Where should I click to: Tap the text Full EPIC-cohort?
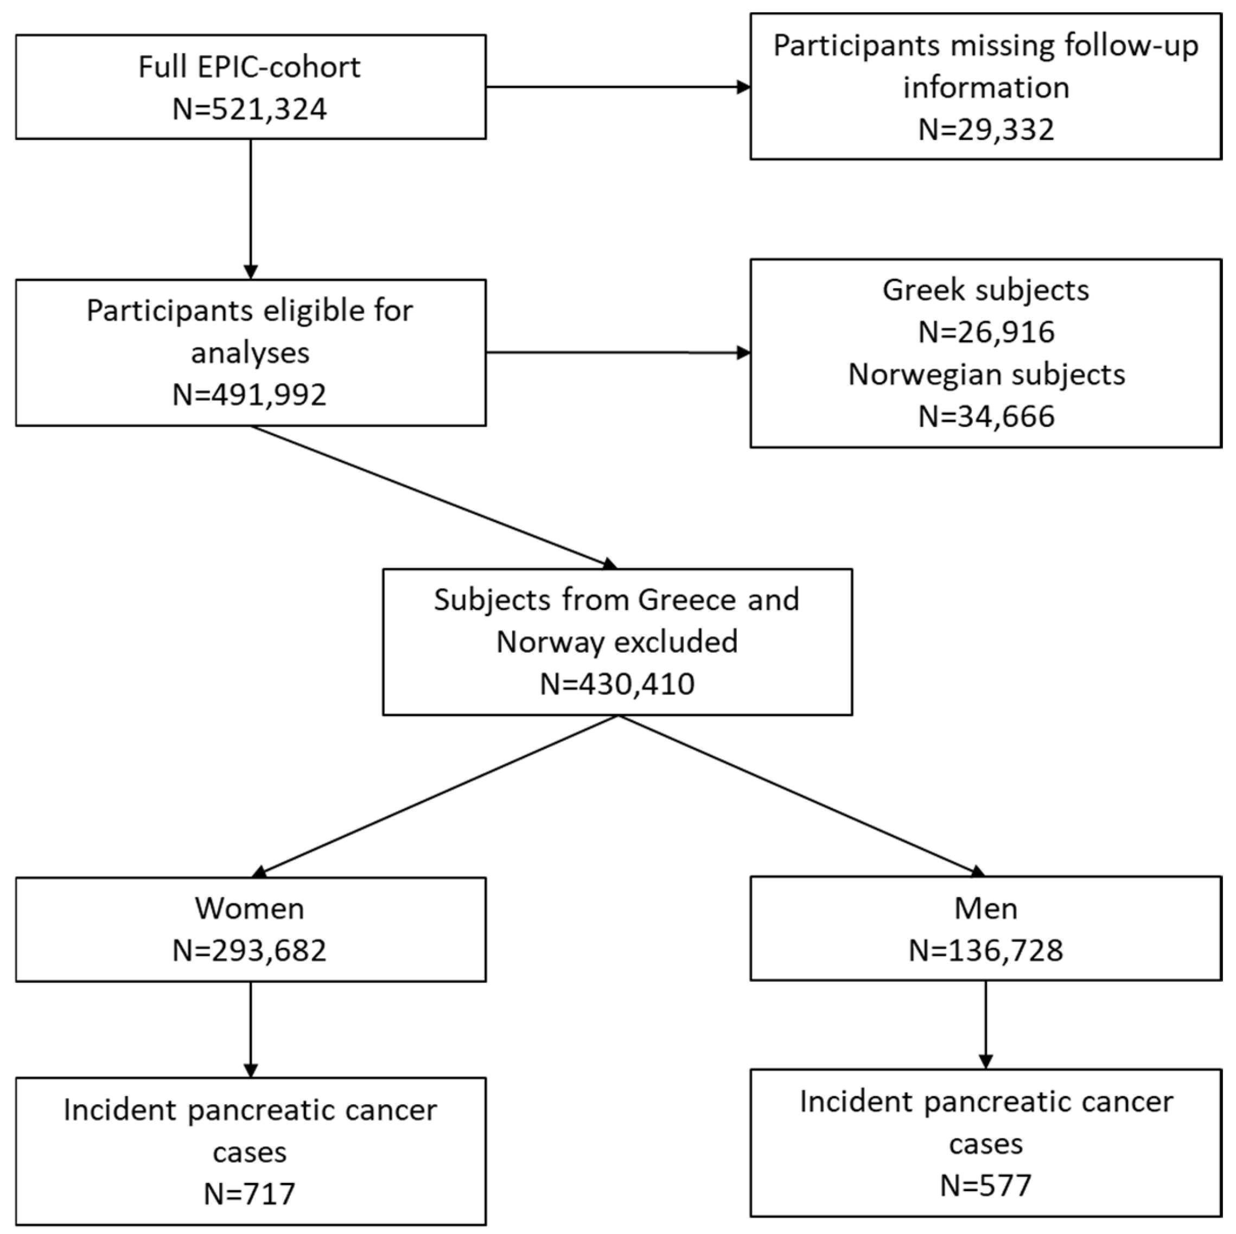[250, 67]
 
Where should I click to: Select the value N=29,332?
[986, 130]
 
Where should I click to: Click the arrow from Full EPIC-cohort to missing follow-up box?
[617, 87]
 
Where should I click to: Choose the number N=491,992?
[250, 395]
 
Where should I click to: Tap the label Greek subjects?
[986, 290]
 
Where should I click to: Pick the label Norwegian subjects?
[986, 375]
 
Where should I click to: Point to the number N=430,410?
[617, 684]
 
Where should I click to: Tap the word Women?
[250, 909]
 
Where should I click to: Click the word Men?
[986, 909]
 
